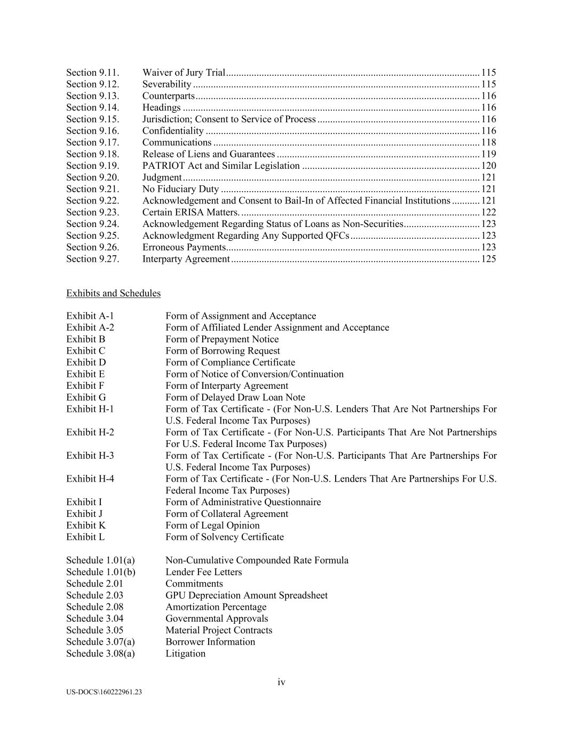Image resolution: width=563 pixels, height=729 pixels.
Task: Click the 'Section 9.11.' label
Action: [92, 73]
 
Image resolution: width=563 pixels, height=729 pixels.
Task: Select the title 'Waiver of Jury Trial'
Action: [184, 73]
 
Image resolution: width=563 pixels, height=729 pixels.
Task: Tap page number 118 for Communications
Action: [488, 143]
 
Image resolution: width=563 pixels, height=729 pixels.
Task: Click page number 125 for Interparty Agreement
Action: [488, 259]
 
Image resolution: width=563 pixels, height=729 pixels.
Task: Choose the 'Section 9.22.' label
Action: [92, 201]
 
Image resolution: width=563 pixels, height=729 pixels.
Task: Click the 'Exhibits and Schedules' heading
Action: [113, 294]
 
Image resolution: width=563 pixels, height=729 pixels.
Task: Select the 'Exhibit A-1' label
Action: [90, 316]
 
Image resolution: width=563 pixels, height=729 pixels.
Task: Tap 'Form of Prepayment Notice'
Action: [222, 340]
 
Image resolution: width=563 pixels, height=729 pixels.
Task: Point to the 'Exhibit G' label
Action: [86, 398]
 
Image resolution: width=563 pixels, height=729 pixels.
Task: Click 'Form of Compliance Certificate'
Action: [230, 363]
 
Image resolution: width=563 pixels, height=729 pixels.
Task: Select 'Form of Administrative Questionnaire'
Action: [243, 503]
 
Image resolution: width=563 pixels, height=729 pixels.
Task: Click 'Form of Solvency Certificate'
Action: [225, 537]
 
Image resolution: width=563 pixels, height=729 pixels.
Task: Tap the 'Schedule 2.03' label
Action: [94, 595]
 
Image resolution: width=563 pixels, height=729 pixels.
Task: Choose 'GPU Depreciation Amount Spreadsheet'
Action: [247, 595]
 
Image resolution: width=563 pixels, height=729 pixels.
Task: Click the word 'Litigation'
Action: [185, 654]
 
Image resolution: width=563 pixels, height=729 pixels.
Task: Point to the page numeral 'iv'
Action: [281, 683]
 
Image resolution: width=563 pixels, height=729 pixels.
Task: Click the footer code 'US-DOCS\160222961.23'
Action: [104, 692]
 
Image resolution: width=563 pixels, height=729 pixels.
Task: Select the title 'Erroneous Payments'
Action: [184, 247]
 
